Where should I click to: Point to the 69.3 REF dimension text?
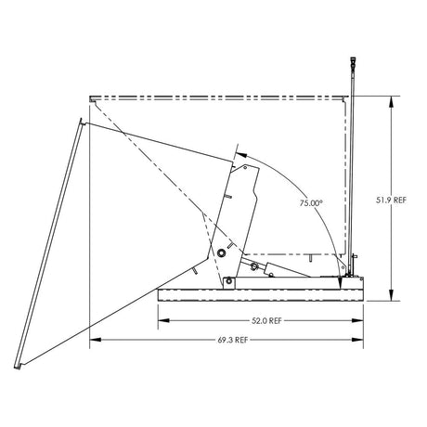pyautogui.click(x=228, y=341)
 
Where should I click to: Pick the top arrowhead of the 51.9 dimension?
pyautogui.click(x=394, y=99)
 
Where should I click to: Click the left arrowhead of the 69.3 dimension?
pyautogui.click(x=94, y=341)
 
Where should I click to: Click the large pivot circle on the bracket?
pyautogui.click(x=222, y=252)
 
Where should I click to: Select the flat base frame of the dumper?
pyautogui.click(x=260, y=294)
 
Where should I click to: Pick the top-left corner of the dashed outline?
pyautogui.click(x=90, y=98)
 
